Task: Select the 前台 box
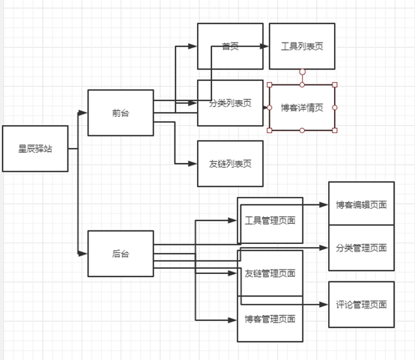point(120,113)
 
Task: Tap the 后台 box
point(120,254)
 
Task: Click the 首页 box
point(230,46)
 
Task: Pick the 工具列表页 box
point(302,46)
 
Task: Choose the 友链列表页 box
point(230,163)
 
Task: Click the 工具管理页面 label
point(270,221)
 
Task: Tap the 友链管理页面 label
point(270,272)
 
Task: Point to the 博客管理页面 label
point(270,320)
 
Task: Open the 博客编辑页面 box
point(361,204)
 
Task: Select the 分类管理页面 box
point(361,248)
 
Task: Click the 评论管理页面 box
point(361,305)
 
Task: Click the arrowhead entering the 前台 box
point(84,113)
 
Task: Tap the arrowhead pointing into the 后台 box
point(84,254)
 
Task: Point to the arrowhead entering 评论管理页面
point(324,305)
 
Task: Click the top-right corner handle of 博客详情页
point(334,85)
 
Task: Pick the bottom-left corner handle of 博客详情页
point(270,130)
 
